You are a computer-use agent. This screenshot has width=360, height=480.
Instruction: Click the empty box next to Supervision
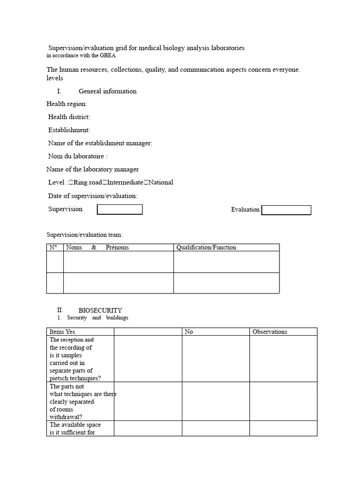click(x=120, y=210)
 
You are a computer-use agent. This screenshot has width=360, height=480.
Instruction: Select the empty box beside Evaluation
click(x=286, y=210)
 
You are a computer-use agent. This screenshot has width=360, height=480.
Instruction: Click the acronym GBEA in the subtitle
click(x=107, y=55)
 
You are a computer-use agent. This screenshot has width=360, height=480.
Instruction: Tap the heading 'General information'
click(x=107, y=91)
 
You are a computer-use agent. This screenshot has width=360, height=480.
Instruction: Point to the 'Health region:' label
click(x=67, y=104)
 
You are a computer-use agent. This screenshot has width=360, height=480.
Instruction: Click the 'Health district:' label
click(x=69, y=117)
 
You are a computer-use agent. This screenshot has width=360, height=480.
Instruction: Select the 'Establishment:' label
click(x=69, y=130)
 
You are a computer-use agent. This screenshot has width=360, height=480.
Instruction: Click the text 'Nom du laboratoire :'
click(x=78, y=156)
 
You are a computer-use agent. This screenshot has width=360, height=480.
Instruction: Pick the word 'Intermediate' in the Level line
click(x=125, y=182)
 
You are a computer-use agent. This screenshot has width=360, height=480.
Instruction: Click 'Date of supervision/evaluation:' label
click(x=93, y=195)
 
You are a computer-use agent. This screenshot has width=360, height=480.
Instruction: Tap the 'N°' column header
click(x=53, y=247)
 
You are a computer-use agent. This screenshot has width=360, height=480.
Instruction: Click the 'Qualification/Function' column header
click(x=206, y=247)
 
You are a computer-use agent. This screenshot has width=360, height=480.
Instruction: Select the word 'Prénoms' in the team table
click(x=117, y=247)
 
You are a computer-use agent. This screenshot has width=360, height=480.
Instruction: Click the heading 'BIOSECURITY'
click(x=100, y=310)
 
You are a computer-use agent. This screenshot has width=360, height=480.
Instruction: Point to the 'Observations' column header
click(x=270, y=332)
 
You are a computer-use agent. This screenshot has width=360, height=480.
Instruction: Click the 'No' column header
click(x=189, y=332)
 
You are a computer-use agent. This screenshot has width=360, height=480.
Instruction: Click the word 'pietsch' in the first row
click(x=59, y=378)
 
